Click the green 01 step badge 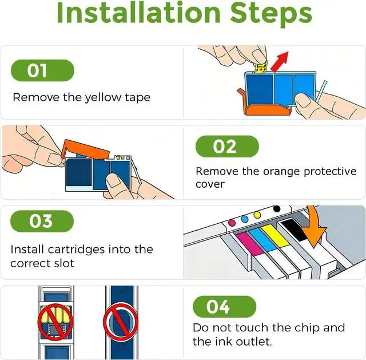pyautogui.click(x=42, y=70)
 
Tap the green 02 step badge pyautogui.click(x=227, y=147)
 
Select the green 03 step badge pyautogui.click(x=42, y=221)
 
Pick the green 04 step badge pyautogui.click(x=225, y=307)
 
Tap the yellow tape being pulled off pyautogui.click(x=260, y=68)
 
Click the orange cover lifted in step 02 pyautogui.click(x=86, y=149)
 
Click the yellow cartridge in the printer pyautogui.click(x=275, y=236)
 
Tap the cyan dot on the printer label pyautogui.click(x=245, y=219)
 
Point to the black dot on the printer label pyautogui.click(x=277, y=209)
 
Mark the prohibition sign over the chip pyautogui.click(x=55, y=322)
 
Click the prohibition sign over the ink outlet pyautogui.click(x=121, y=322)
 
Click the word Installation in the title pyautogui.click(x=138, y=13)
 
